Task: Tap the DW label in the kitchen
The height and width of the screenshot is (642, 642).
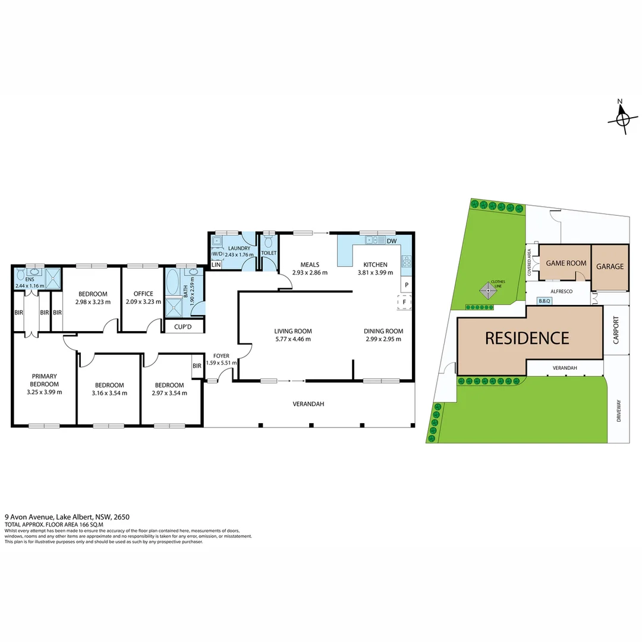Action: point(391,241)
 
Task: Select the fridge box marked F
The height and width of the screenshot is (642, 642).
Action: point(404,303)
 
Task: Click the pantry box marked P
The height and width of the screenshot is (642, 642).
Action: point(407,285)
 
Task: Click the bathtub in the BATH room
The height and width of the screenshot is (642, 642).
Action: point(173,282)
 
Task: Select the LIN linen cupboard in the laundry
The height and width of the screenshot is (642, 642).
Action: point(216,265)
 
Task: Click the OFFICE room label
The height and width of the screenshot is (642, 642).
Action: point(143,294)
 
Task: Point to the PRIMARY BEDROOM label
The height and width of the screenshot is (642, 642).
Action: point(45,380)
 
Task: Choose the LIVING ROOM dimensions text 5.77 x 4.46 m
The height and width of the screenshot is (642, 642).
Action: point(292,339)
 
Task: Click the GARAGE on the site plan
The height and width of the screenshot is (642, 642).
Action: point(610,266)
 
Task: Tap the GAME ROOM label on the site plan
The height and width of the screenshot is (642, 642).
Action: point(567,263)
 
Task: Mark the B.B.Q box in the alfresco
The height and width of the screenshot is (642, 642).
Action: point(545,301)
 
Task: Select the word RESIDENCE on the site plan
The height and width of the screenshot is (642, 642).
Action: point(527,338)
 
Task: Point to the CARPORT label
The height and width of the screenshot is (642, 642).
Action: point(616,331)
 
